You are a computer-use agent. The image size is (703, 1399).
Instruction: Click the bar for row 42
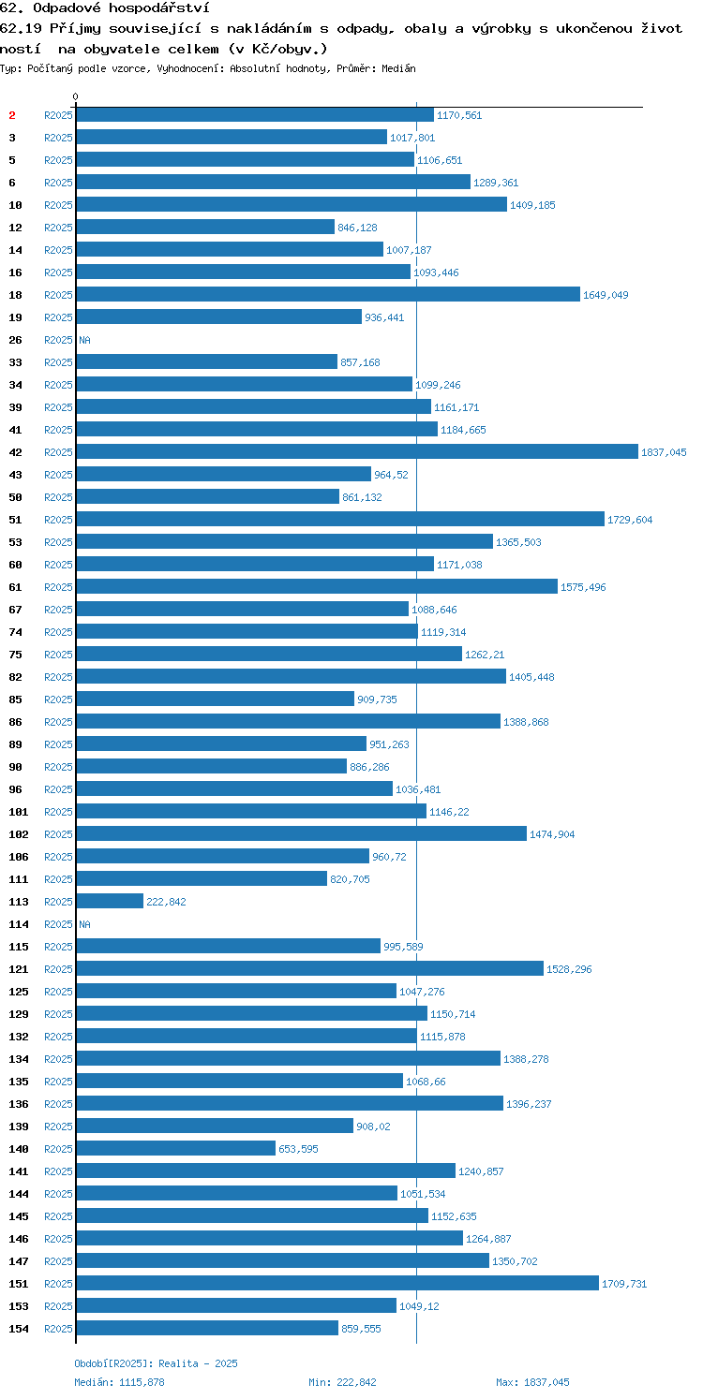[357, 451]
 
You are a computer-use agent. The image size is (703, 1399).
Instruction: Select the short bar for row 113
[110, 901]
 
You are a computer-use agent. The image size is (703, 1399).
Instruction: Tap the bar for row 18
[328, 294]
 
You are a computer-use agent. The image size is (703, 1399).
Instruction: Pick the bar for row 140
[176, 1148]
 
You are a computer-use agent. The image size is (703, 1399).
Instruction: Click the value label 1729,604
[630, 520]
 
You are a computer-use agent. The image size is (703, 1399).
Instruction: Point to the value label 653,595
[298, 1149]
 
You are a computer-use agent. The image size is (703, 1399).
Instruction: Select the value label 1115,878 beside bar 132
[442, 1036]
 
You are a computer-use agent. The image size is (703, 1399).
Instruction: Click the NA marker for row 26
[84, 340]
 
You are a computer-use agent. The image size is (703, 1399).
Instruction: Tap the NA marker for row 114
[84, 923]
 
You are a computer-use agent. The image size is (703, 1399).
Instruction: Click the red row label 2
[12, 115]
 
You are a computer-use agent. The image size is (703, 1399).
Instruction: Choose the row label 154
[19, 1329]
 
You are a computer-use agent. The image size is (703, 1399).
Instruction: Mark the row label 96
[16, 788]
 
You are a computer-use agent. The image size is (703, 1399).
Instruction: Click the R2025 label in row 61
[58, 587]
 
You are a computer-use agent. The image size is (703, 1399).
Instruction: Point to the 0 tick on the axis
[76, 96]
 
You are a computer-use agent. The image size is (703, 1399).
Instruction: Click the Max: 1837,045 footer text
[533, 1382]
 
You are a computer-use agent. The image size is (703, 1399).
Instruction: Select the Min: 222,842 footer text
[342, 1382]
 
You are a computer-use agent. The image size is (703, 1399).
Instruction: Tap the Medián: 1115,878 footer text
[119, 1382]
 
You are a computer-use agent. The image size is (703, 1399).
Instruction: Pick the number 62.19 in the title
[21, 28]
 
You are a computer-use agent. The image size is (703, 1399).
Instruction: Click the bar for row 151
[337, 1283]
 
